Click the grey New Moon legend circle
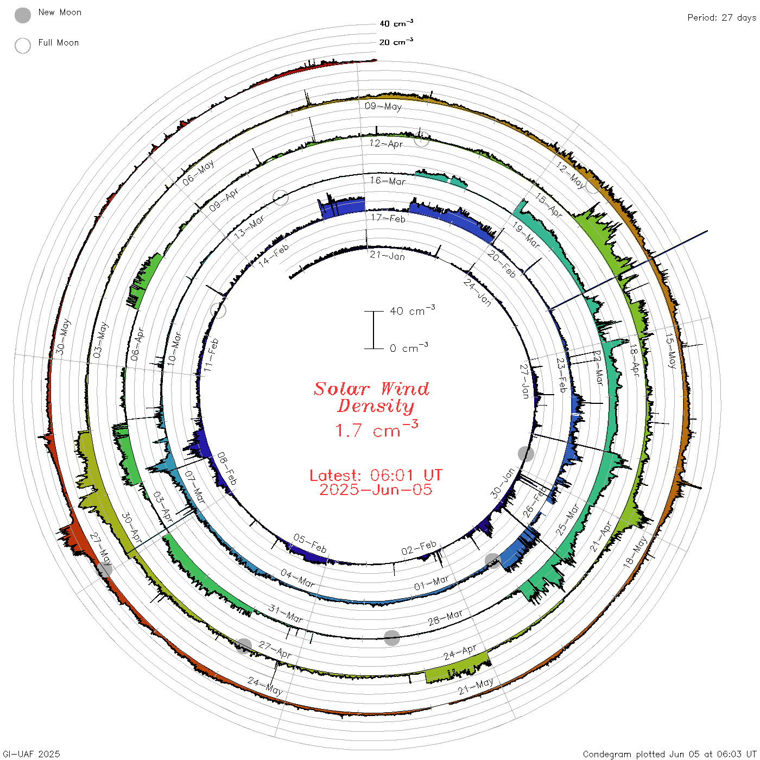pos(23,15)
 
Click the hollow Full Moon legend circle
pos(23,46)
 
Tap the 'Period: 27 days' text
pos(722,18)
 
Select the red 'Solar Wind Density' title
pos(371,397)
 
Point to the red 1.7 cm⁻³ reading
pos(377,429)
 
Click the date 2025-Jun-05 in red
pos(376,490)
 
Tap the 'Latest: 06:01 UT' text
pos(376,475)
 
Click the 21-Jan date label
pos(387,256)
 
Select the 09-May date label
pos(383,106)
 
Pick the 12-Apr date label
pos(386,143)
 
